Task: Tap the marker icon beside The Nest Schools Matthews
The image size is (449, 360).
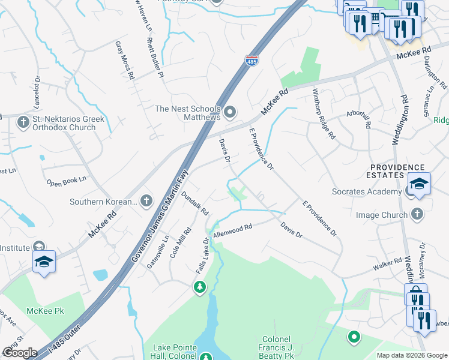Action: pos(229,113)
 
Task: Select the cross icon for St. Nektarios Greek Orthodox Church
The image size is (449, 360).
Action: pos(23,123)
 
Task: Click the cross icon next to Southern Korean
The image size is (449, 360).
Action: pos(146,201)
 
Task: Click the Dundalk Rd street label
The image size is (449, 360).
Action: pos(194,204)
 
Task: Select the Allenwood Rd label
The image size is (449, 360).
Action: pos(232,230)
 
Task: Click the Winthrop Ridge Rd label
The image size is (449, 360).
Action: pos(324,115)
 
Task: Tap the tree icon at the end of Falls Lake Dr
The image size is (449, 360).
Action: pos(199,289)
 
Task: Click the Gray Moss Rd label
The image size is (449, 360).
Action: pos(124,61)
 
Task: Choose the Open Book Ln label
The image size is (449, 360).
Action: pos(66,179)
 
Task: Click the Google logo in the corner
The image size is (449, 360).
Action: pos(20,353)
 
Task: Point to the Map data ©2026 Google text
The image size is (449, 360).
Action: pos(412,355)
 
